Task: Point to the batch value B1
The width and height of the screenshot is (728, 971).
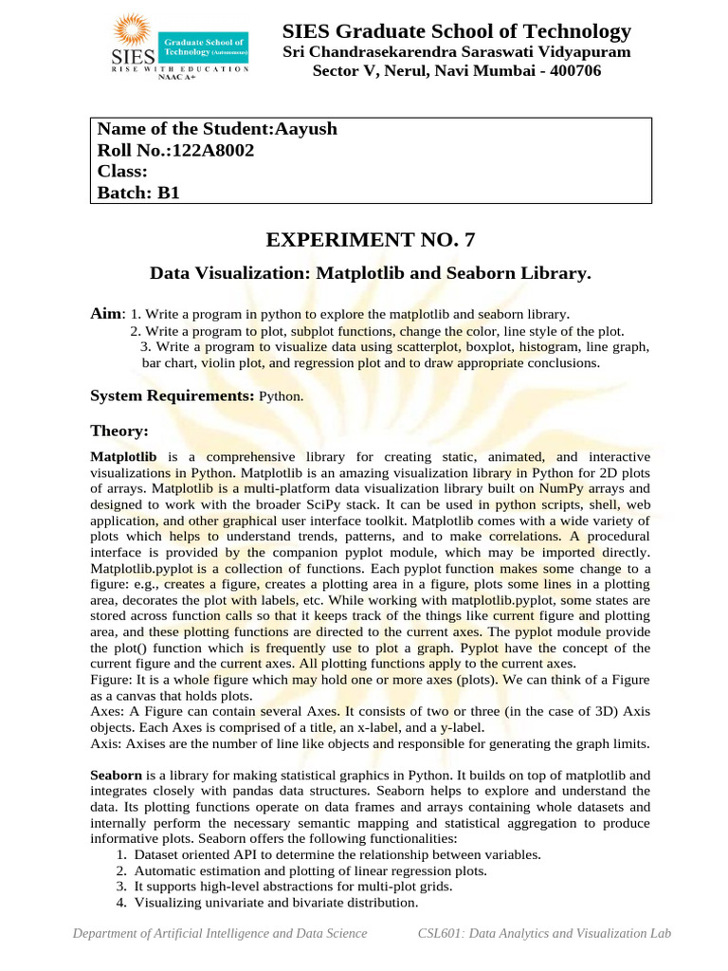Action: pyautogui.click(x=168, y=192)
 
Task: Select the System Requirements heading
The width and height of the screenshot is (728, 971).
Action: pyautogui.click(x=172, y=395)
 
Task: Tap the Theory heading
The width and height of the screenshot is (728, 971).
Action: pyautogui.click(x=119, y=431)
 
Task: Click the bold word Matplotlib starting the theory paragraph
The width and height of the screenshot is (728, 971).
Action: pyautogui.click(x=123, y=456)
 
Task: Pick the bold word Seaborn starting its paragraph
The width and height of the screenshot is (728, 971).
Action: pyautogui.click(x=116, y=775)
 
